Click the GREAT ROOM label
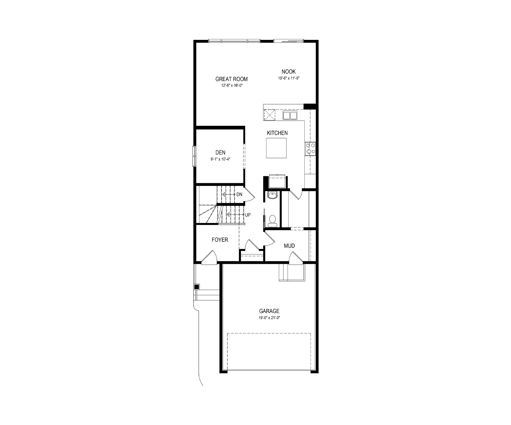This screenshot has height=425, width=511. click(x=231, y=79)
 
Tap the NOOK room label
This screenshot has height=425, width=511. click(x=289, y=72)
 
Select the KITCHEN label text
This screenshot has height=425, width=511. click(x=277, y=133)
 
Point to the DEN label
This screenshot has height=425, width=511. click(x=220, y=152)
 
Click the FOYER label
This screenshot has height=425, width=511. click(x=220, y=240)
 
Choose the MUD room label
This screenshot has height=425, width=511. click(x=289, y=246)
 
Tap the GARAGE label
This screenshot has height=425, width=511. click(x=269, y=311)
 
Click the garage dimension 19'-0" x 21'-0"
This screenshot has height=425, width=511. click(x=269, y=318)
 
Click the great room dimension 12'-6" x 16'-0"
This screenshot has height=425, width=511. click(x=231, y=86)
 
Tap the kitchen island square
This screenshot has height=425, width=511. click(x=276, y=148)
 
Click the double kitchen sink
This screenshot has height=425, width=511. click(x=290, y=115)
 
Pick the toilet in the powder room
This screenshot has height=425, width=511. click(x=272, y=220)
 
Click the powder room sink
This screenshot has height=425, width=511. click(x=272, y=195)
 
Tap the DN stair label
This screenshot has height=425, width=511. click(x=239, y=194)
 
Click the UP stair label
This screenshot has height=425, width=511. click(x=248, y=215)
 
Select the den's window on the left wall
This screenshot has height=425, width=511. click(x=194, y=156)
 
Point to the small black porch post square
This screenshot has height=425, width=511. click(x=197, y=287)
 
